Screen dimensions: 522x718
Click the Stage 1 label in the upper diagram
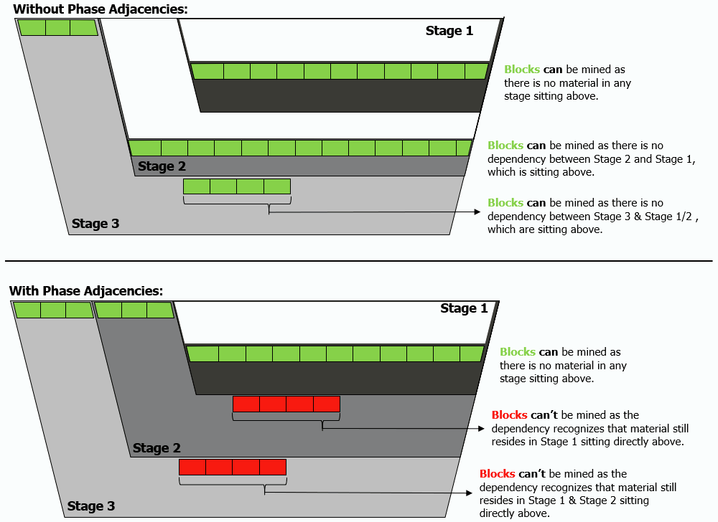pos(449,31)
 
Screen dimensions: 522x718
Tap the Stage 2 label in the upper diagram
pos(162,166)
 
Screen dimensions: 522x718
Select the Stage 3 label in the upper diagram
pos(95,224)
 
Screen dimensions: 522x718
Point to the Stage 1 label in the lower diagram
pos(464,308)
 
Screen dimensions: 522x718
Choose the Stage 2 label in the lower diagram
pos(157,448)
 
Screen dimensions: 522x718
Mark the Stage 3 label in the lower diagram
pos(91,506)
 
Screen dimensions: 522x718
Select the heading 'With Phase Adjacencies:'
pos(86,290)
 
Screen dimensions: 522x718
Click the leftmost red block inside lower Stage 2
pos(246,404)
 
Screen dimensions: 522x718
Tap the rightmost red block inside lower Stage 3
pos(273,467)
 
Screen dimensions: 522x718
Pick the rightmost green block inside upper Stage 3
pos(277,186)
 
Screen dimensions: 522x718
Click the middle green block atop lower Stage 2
pos(134,310)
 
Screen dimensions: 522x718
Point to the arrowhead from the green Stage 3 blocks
pos(476,212)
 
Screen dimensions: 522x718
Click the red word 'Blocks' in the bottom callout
pos(498,474)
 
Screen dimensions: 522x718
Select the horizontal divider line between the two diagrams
pos(359,261)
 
